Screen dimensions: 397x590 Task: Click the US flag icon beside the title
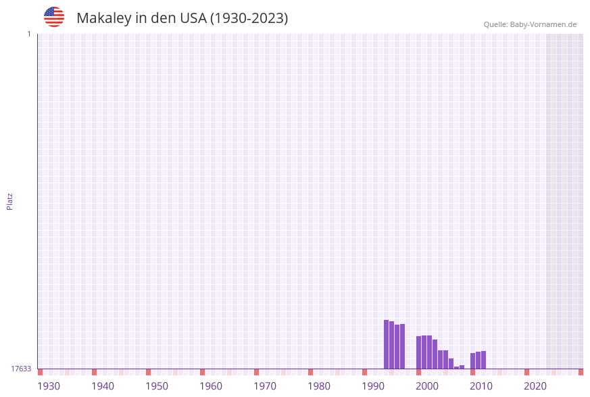54,17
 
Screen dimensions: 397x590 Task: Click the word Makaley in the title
104,18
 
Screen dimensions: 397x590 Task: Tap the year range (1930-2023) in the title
249,18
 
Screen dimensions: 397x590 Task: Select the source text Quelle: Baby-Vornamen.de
530,24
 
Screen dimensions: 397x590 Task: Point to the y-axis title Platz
10,201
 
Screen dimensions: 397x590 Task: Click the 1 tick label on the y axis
28,34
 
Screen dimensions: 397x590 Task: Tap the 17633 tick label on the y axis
21,369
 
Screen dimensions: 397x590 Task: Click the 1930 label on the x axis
49,386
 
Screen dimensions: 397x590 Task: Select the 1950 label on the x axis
157,386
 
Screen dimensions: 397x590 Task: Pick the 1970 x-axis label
265,386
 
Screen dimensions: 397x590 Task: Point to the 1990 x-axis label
373,386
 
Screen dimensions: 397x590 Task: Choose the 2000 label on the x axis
427,386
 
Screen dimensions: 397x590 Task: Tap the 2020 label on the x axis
535,386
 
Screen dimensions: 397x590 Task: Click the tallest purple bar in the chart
387,344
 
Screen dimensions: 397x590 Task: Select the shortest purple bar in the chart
457,367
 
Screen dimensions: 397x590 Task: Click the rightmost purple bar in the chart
484,360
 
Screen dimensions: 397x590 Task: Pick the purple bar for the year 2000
430,352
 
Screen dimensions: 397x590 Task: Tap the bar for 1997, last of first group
403,346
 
